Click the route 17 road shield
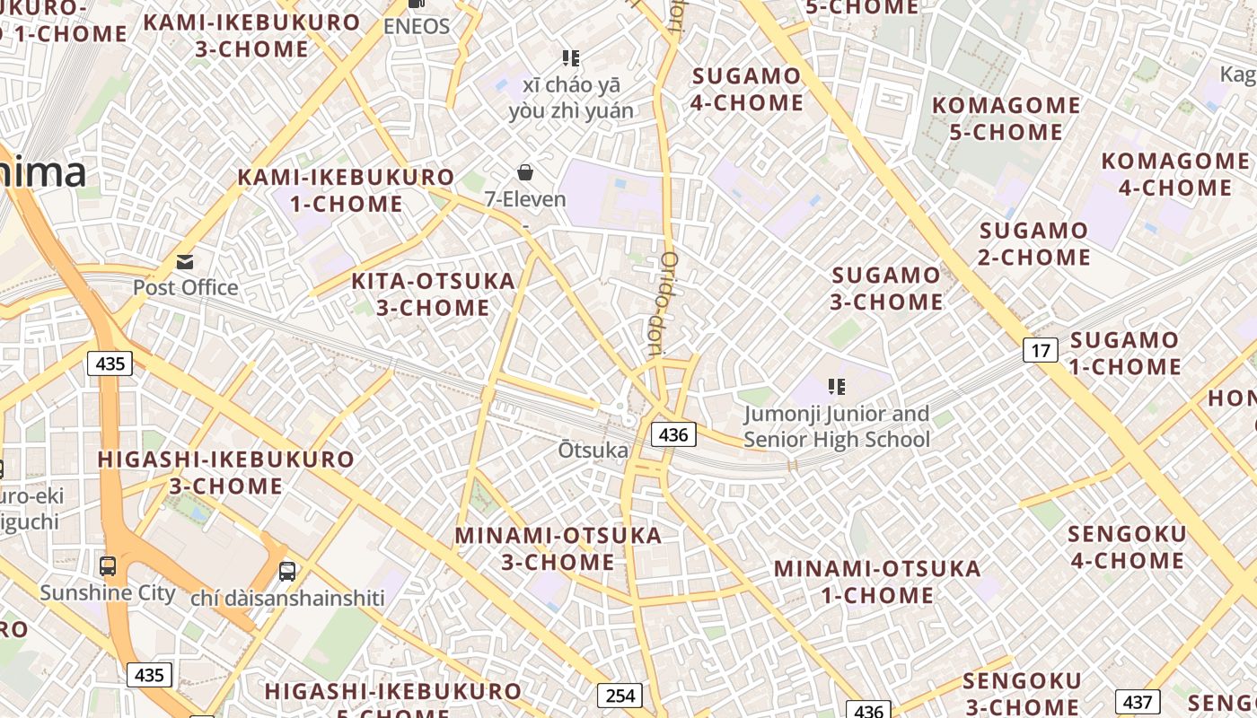pos(1040,350)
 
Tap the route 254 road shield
pos(620,696)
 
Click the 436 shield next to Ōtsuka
pos(672,435)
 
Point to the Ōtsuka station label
pos(593,450)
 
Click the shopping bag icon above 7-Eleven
pos(525,172)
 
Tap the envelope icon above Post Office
pos(185,262)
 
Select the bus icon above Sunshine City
pos(108,566)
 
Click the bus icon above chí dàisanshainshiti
pos(287,571)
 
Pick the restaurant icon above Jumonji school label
pos(837,387)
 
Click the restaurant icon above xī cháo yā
pos(570,58)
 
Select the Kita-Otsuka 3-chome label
pos(433,294)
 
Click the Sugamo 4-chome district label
pos(747,90)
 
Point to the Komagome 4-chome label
pos(1175,174)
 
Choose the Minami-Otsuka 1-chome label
pos(877,582)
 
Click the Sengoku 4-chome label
pos(1126,547)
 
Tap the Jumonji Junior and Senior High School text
pos(837,427)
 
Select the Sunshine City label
pos(108,593)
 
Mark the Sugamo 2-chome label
pos(1034,244)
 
